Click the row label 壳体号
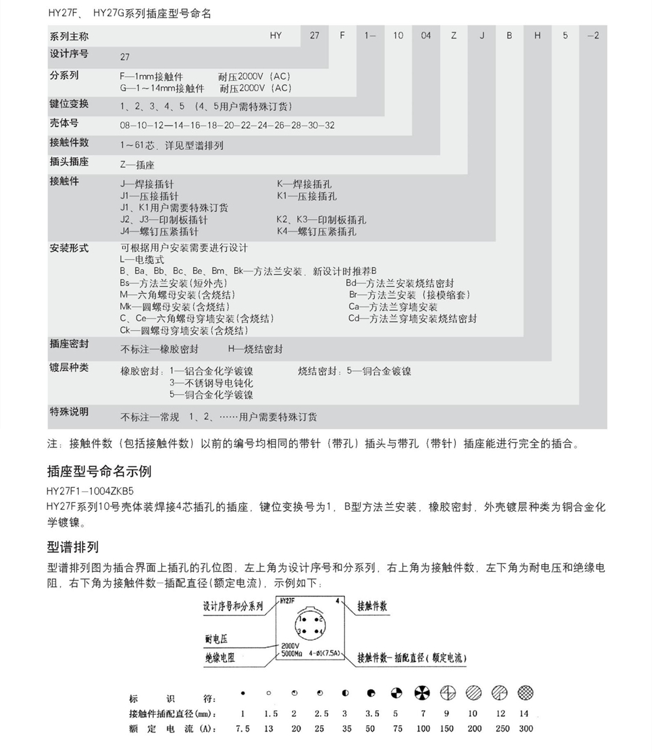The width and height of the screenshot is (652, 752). point(64,123)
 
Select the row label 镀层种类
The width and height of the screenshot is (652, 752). point(68,367)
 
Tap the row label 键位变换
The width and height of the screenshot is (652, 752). point(68,104)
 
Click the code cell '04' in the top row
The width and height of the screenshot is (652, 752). point(426,36)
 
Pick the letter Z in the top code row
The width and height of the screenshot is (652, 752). point(454,36)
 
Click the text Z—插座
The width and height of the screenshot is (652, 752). point(138,165)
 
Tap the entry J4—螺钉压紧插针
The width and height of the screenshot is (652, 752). point(159,232)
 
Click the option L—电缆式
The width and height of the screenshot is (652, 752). point(142,260)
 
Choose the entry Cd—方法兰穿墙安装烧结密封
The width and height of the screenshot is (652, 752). point(412,318)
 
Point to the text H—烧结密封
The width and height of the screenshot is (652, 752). point(256,349)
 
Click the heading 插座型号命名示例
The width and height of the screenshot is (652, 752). point(100,471)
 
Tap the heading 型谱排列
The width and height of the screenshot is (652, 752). point(73,547)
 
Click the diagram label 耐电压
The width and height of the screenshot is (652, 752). point(216,639)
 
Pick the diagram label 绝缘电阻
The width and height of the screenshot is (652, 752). point(220,658)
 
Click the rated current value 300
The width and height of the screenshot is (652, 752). point(525,728)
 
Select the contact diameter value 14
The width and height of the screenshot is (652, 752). point(524,714)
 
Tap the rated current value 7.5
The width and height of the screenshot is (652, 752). point(243,728)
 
